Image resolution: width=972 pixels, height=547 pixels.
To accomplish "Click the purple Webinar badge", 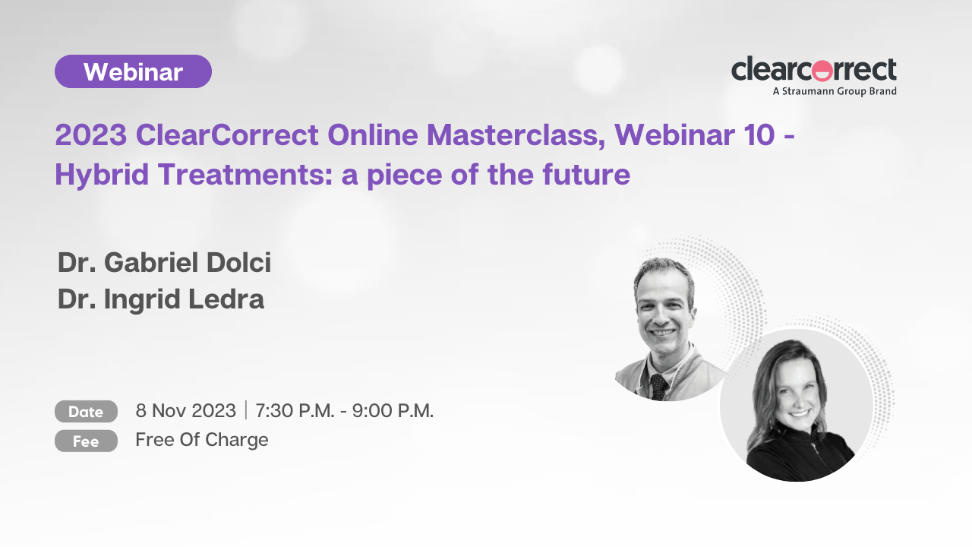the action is click(x=133, y=71).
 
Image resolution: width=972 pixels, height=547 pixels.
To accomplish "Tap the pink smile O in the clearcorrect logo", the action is click(x=822, y=71).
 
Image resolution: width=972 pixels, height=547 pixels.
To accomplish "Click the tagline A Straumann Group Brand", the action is click(x=835, y=91).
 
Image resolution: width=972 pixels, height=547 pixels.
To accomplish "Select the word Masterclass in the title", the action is click(x=516, y=134).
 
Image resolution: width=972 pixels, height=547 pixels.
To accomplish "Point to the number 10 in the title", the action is click(x=759, y=134).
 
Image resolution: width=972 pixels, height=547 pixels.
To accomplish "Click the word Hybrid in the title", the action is click(x=102, y=175).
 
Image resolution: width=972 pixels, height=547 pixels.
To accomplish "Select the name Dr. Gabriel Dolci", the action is click(x=165, y=263).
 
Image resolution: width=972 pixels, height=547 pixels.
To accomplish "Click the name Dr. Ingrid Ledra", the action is click(x=161, y=300).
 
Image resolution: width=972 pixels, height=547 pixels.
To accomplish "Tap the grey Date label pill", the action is click(x=86, y=412).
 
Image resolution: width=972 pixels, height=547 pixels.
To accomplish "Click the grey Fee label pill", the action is click(x=86, y=441).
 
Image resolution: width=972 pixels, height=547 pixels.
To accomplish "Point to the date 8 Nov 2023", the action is click(x=186, y=411).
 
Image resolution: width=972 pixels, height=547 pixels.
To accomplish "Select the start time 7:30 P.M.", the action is click(x=295, y=411).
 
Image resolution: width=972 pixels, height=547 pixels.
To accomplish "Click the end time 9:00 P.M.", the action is click(x=393, y=411).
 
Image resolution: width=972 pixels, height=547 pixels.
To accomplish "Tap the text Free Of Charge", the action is click(x=202, y=440).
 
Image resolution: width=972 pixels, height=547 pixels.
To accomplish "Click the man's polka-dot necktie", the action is click(x=658, y=387).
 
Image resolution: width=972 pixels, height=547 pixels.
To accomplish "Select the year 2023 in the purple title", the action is click(x=91, y=134).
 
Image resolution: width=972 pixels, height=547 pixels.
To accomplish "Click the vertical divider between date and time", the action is click(x=246, y=410).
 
